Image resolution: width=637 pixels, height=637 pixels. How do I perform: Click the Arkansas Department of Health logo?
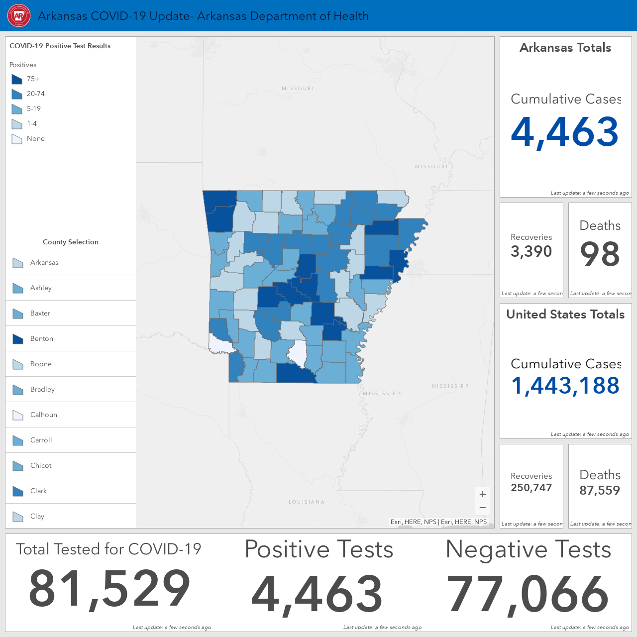[19, 15]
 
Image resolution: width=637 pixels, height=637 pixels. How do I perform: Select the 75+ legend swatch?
[17, 79]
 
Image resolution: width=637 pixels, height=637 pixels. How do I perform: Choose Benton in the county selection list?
[42, 338]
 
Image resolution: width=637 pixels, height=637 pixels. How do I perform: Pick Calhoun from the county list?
[44, 415]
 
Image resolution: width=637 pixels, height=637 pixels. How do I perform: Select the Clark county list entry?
[38, 491]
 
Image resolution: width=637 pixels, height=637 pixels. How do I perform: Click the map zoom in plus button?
[483, 494]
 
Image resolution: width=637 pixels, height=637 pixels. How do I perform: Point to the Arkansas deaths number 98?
[600, 254]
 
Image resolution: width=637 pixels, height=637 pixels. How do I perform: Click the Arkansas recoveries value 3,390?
[531, 251]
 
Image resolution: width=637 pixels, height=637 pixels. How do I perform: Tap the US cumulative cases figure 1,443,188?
[565, 386]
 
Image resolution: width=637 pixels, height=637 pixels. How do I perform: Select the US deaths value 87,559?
[600, 490]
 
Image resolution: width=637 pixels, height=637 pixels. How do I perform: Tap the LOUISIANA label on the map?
[307, 502]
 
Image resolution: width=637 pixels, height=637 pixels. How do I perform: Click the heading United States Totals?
[565, 314]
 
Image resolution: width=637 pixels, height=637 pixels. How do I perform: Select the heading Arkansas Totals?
[565, 48]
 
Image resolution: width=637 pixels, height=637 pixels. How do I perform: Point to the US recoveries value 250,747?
[531, 488]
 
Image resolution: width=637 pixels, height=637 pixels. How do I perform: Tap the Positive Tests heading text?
[318, 549]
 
